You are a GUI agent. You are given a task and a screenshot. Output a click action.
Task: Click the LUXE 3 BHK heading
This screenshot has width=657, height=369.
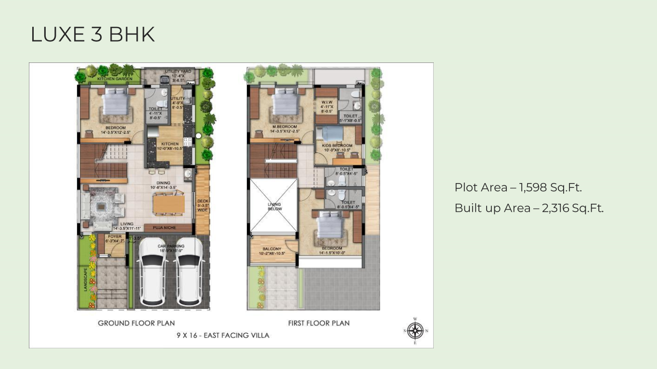(x=92, y=35)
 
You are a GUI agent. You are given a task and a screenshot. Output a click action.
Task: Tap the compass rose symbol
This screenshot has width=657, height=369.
(x=415, y=330)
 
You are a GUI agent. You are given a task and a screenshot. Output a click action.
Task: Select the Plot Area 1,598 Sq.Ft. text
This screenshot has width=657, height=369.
(x=518, y=187)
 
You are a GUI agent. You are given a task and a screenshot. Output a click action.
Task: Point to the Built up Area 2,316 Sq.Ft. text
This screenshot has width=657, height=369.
(x=529, y=208)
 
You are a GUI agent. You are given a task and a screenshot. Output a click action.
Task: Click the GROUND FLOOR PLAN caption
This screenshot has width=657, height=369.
(x=136, y=323)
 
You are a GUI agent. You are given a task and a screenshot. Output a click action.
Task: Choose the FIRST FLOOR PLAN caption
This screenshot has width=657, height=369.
(x=319, y=323)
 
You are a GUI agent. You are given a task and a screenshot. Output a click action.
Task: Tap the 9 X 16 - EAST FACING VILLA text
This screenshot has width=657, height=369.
(x=223, y=335)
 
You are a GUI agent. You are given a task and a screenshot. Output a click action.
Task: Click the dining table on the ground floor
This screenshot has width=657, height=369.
(x=168, y=204)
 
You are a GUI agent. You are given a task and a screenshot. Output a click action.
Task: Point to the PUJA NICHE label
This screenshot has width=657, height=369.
(x=164, y=228)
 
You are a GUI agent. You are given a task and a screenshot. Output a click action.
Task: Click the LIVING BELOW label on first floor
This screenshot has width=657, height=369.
(x=274, y=207)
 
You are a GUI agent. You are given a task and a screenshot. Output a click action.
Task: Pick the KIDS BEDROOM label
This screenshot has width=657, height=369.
(x=338, y=145)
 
